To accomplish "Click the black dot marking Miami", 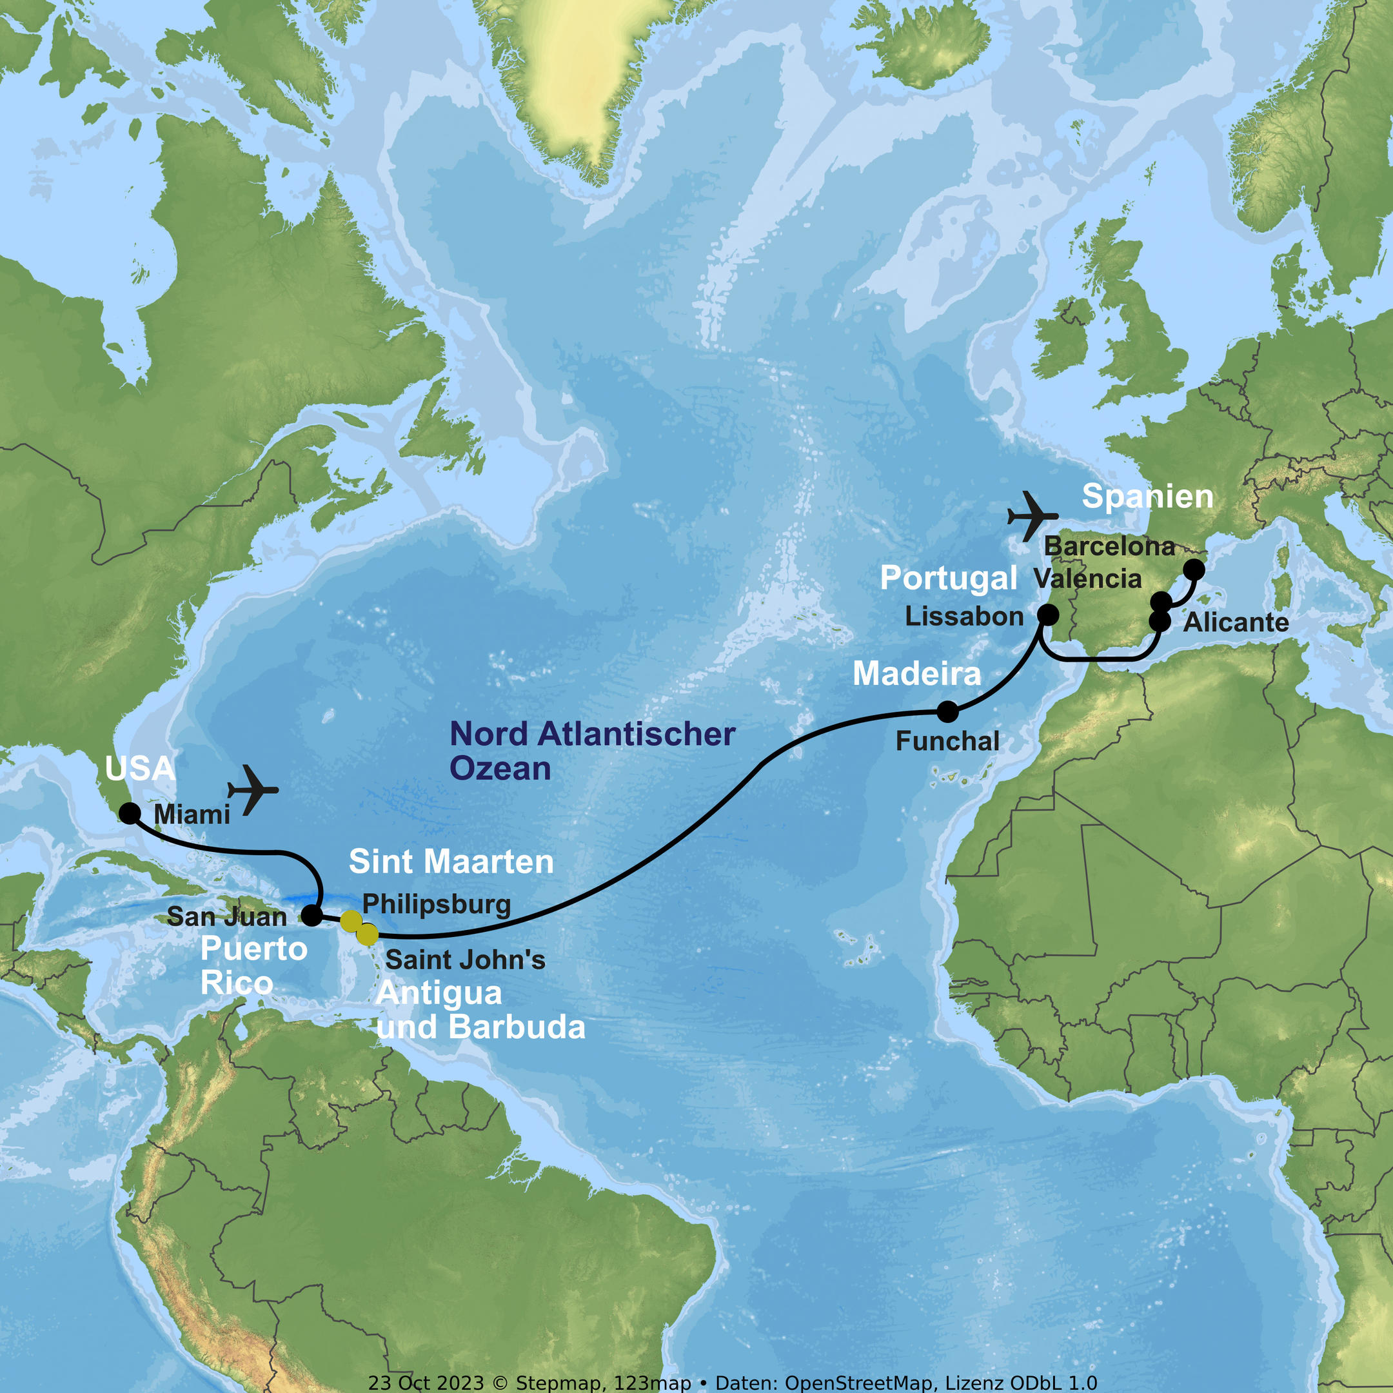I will tap(130, 813).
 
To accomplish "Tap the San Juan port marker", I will tap(311, 916).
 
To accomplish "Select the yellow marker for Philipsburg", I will tap(350, 921).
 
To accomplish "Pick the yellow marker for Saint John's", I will tap(367, 934).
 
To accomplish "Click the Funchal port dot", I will tap(947, 711).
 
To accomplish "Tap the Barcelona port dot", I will tap(1194, 569).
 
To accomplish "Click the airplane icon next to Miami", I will tap(252, 789).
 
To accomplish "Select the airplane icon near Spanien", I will tap(1032, 516).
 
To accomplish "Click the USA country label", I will tap(140, 769).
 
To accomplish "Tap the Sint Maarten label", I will tap(451, 862).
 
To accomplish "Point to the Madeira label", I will tap(916, 673).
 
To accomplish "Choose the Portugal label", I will tap(948, 578).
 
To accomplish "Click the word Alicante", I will tap(1236, 622).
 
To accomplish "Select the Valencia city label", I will tap(1087, 578).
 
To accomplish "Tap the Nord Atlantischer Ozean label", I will tap(592, 751).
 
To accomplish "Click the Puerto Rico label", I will tap(254, 966).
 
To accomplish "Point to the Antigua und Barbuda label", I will tap(480, 1010).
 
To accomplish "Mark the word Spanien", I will tap(1147, 497).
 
